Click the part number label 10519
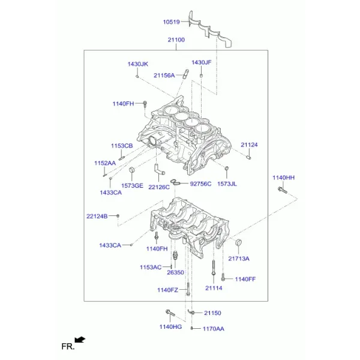coord(171,22)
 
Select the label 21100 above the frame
coord(176,40)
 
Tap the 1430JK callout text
coord(138,64)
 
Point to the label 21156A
coord(164,76)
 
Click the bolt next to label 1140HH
coord(283,190)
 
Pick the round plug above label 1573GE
coord(132,170)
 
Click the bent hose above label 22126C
coord(159,169)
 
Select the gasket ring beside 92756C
coord(176,182)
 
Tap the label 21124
coord(249,145)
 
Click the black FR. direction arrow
coord(80,340)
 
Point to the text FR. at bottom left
coord(68,346)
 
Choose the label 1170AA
coord(213,329)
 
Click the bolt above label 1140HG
coord(170,313)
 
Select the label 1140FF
coord(245,279)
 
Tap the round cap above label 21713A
coord(239,242)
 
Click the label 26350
coord(175,272)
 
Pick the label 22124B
coord(97,216)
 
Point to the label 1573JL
coord(227,184)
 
